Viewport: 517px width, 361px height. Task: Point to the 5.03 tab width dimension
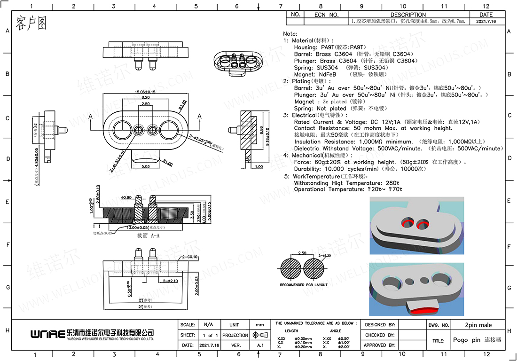(x=145, y=166)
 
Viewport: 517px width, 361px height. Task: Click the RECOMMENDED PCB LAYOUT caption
(x=304, y=285)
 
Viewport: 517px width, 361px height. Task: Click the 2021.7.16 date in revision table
(x=486, y=22)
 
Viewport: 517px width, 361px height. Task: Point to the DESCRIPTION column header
(x=408, y=15)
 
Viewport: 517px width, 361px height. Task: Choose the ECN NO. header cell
(x=327, y=15)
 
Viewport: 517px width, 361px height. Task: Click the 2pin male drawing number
(x=478, y=325)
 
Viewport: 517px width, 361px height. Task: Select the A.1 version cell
(x=260, y=345)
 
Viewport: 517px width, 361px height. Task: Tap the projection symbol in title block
(x=260, y=335)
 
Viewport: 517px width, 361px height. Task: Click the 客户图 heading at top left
(x=31, y=23)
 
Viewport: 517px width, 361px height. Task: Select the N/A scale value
(x=208, y=325)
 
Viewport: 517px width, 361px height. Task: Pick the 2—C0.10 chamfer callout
(x=190, y=257)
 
